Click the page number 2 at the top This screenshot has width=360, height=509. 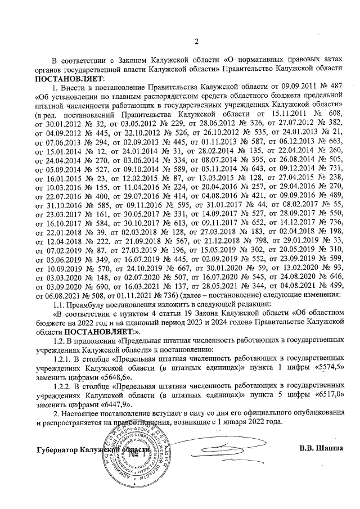tap(196, 41)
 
